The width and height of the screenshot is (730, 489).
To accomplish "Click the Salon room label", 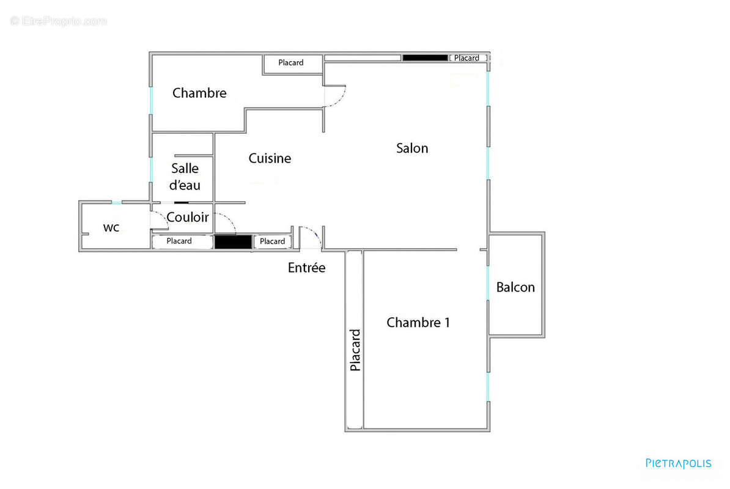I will [x=412, y=148].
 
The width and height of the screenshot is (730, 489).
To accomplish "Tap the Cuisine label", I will [x=270, y=158].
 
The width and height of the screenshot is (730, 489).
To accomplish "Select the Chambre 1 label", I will [x=418, y=323].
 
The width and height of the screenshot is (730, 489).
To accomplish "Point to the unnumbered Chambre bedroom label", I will [x=199, y=93].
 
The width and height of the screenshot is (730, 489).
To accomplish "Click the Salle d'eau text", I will [x=185, y=177].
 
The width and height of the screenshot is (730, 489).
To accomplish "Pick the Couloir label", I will [x=188, y=217].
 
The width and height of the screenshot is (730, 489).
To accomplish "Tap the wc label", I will [x=111, y=228].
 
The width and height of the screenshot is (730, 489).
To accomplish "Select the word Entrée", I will [x=306, y=268].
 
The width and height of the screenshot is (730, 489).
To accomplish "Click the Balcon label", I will [x=515, y=287].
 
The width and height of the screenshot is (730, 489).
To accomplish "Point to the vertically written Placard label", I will [x=355, y=350].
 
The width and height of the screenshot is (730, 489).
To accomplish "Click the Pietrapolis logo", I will [x=678, y=463].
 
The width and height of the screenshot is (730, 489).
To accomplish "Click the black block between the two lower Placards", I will [x=233, y=242].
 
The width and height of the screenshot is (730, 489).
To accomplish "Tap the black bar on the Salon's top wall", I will [x=425, y=58].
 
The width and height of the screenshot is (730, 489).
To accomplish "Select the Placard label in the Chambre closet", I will [x=290, y=63].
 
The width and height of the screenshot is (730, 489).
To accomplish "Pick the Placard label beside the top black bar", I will [x=466, y=58].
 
